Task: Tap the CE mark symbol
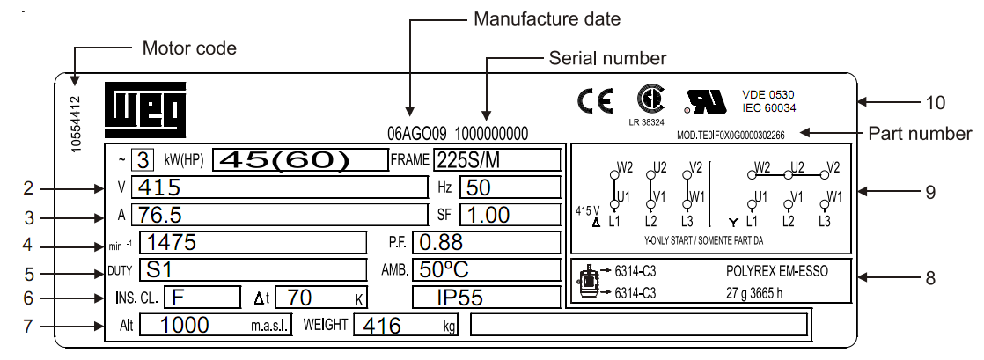coord(595,102)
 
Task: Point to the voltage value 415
coord(159,187)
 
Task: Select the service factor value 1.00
coord(488,215)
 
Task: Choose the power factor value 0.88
coord(441,242)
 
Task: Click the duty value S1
coord(159,269)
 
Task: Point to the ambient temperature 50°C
coord(444,269)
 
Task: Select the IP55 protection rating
coord(459,298)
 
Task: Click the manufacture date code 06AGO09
coord(419,134)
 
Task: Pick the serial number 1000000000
coord(492,134)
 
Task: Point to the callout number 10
coord(935,102)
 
